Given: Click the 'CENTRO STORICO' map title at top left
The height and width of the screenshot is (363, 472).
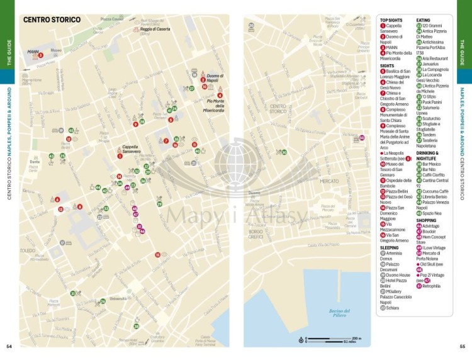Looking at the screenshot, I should click(52, 20).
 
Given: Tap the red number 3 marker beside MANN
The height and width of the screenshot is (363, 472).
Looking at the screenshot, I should click(40, 55).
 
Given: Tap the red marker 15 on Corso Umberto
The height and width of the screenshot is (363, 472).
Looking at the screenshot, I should click(157, 255).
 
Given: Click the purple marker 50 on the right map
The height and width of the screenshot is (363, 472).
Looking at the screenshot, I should click(361, 138).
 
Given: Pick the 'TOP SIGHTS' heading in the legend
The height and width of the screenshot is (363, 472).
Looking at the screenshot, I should click(391, 20).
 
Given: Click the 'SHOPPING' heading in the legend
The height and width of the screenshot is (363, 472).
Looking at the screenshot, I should click(426, 220).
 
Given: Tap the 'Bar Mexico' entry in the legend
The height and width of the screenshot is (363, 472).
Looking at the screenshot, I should click(433, 164).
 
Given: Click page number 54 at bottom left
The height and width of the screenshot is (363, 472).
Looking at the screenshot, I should click(9, 346).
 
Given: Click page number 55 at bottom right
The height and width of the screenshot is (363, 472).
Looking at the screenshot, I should click(463, 346).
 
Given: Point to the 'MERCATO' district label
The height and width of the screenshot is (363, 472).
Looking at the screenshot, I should click(329, 181).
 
